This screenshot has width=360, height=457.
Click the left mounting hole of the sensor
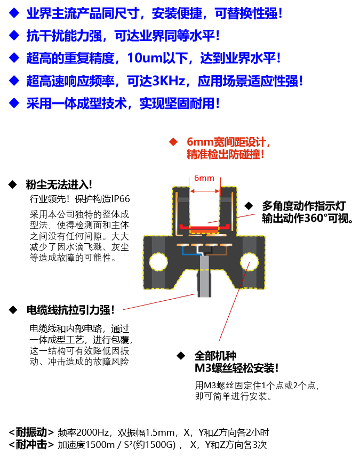click(158, 262)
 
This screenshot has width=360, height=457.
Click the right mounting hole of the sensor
click(249, 261)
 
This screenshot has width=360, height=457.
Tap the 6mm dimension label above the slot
click(204, 178)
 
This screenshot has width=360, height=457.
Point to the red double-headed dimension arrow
click(205, 191)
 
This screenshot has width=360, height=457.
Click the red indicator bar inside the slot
click(203, 227)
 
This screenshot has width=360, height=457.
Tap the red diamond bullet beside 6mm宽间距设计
click(173, 142)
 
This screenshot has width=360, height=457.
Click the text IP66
click(121, 199)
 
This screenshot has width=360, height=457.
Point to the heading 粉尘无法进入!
click(59, 185)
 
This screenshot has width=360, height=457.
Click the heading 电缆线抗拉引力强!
click(70, 310)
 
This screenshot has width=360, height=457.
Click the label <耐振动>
click(31, 432)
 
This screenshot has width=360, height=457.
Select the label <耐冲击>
click(31, 444)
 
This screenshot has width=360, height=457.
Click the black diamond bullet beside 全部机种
click(181, 356)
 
